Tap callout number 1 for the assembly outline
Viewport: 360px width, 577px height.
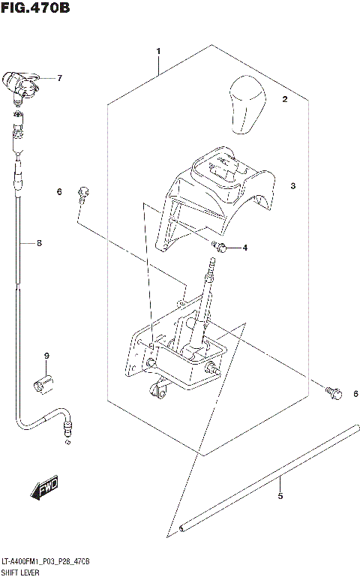159,50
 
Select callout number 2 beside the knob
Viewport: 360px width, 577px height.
284,99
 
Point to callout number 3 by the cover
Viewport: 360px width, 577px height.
293,185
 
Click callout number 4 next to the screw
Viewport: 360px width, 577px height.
244,248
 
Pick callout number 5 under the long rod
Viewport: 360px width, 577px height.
280,496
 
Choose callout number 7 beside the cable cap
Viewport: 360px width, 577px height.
59,78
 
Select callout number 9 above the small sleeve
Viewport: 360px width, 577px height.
46,355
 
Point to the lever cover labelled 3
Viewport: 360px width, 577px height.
217,195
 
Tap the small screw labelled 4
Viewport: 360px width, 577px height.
218,246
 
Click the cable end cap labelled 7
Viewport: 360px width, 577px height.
21,86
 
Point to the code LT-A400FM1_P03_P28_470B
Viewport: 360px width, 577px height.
46,561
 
